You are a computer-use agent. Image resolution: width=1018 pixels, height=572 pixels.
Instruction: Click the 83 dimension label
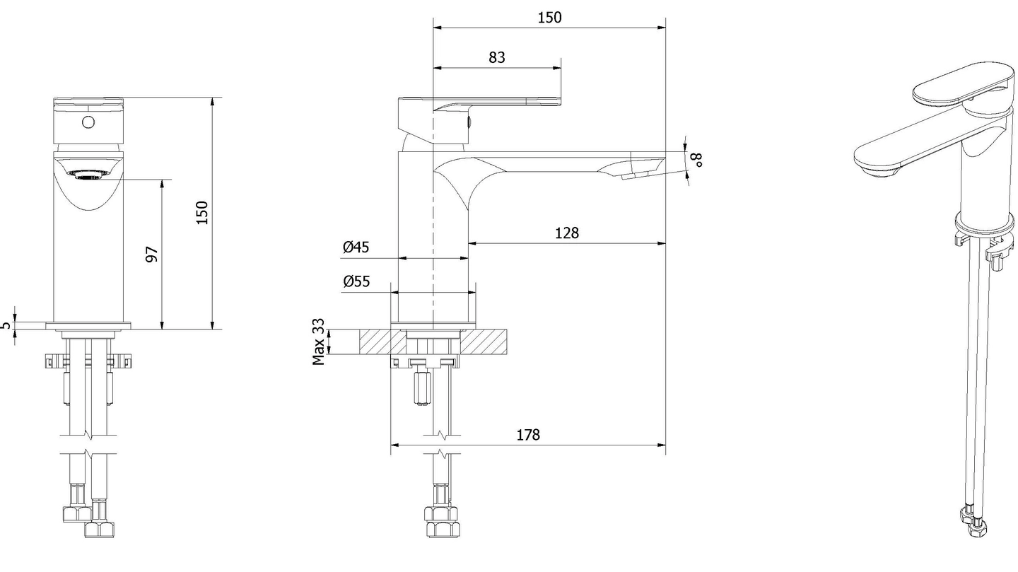pyautogui.click(x=497, y=57)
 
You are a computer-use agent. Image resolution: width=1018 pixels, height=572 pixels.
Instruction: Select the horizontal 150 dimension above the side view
pyautogui.click(x=549, y=18)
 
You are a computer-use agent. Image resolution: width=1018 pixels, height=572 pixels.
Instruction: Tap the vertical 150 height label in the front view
pyautogui.click(x=202, y=213)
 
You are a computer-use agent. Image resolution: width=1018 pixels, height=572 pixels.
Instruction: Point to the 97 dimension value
pyautogui.click(x=151, y=255)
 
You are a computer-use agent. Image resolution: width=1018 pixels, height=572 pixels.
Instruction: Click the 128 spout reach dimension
pyautogui.click(x=566, y=233)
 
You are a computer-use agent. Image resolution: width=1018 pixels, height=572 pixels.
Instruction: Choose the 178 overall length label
pyautogui.click(x=527, y=434)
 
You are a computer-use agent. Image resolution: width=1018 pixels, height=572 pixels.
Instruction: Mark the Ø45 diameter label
pyautogui.click(x=356, y=247)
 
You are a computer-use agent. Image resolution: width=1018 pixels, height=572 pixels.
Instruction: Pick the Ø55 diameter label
pyautogui.click(x=356, y=281)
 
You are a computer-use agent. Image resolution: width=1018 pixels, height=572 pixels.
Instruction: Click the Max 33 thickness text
pyautogui.click(x=319, y=342)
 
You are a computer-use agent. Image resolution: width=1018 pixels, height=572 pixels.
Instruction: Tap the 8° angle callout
pyautogui.click(x=698, y=159)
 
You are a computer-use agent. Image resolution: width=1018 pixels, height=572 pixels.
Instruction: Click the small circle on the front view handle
pyautogui.click(x=88, y=122)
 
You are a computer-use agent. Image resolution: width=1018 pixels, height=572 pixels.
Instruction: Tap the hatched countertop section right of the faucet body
pyautogui.click(x=488, y=342)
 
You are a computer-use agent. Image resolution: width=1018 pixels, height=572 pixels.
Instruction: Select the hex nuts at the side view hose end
pyautogui.click(x=439, y=523)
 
